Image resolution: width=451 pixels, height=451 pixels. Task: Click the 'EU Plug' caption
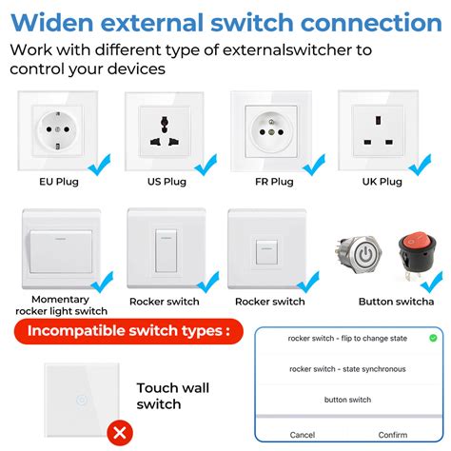tap(59, 181)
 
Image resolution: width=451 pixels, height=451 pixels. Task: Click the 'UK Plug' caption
tap(376, 181)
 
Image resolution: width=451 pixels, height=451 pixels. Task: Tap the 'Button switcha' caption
tap(396, 302)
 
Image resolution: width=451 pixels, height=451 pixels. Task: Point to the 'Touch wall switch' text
tap(171, 395)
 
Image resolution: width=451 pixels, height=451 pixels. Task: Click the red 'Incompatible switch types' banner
tap(127, 331)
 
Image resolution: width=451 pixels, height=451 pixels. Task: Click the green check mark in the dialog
tap(433, 338)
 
